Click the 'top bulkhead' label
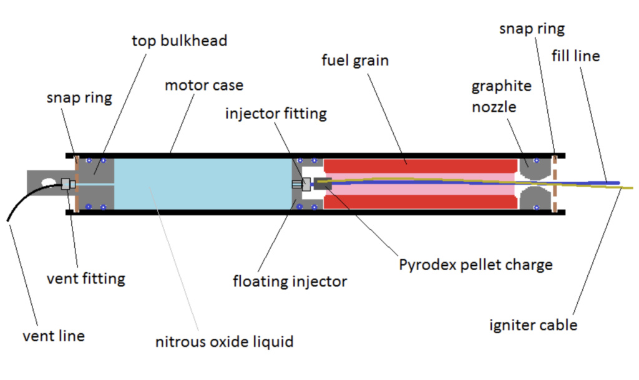179,41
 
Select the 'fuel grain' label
355,61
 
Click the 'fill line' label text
575,56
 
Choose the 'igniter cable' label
533,324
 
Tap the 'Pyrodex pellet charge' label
476,264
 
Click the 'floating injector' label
290,281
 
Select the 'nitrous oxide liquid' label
224,341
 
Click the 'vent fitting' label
85,278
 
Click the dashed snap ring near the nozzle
554,184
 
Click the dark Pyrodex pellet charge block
322,184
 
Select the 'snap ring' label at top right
532,29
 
